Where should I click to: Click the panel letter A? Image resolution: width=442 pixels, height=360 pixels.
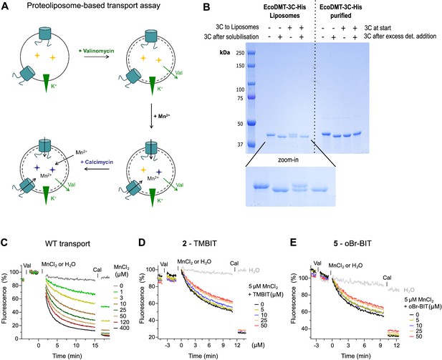pos(5,6)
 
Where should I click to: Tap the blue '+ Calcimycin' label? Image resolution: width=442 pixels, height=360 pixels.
pos(97,162)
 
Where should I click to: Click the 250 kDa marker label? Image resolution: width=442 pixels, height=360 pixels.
pos(240,53)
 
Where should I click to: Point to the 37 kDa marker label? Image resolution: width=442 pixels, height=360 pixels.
pos(239,145)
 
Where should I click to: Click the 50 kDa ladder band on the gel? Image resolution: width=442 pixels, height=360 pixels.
pos(251,123)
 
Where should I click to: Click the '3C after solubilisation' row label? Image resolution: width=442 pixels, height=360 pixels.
pos(231,37)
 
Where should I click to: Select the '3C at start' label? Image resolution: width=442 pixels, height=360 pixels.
pos(378,28)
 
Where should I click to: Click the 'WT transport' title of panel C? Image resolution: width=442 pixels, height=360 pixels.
pos(67,243)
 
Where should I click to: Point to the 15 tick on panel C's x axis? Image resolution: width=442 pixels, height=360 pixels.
pos(95,345)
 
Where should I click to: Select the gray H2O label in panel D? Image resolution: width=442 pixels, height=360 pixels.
pos(254,271)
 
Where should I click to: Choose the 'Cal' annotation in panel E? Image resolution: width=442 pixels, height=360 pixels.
pos(387,278)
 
